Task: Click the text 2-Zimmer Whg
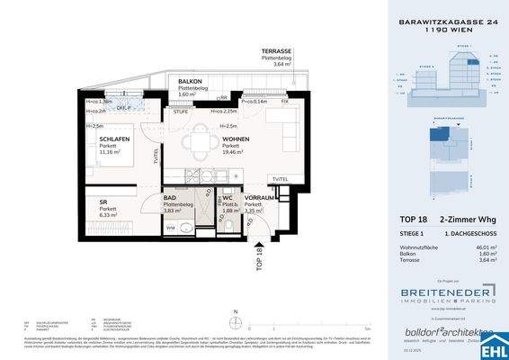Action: coord(463,220)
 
